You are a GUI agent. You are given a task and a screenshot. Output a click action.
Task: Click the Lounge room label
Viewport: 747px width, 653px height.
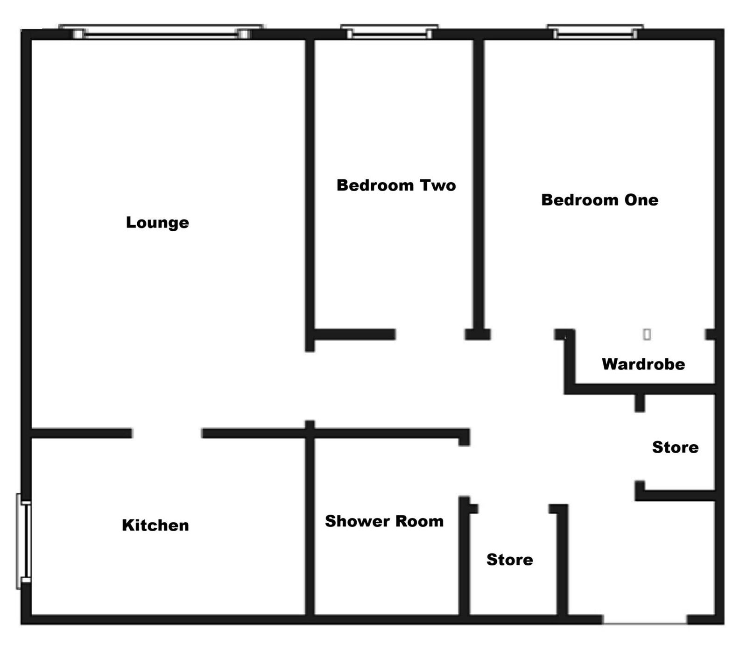click(x=157, y=222)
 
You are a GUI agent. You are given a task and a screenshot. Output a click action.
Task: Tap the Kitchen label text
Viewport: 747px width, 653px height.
click(x=155, y=525)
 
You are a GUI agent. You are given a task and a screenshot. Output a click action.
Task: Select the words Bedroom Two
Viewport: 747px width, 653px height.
click(x=396, y=185)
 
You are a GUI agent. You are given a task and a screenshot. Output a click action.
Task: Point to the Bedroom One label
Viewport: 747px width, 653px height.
click(x=599, y=200)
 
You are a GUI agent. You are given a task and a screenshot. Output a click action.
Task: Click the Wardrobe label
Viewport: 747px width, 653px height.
click(x=643, y=364)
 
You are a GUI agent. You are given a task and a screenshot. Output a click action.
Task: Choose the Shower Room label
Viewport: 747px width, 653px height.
click(x=384, y=521)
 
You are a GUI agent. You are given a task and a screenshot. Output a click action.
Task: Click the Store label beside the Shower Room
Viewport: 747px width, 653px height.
click(x=509, y=560)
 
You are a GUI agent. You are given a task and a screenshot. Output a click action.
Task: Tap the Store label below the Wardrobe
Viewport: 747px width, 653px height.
click(x=675, y=447)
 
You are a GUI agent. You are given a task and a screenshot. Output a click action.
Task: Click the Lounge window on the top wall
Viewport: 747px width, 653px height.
click(x=162, y=32)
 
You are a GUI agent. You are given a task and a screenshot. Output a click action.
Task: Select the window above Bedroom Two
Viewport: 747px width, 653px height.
click(x=389, y=32)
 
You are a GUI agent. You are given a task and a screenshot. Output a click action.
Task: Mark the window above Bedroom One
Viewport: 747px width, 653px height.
click(x=595, y=32)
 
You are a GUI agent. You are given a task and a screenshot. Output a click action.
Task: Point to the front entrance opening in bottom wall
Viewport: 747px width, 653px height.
click(x=645, y=619)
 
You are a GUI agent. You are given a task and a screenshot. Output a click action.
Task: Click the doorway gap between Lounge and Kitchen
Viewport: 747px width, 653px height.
click(x=167, y=433)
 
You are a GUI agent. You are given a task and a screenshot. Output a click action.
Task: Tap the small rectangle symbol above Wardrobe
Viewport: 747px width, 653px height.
click(x=647, y=334)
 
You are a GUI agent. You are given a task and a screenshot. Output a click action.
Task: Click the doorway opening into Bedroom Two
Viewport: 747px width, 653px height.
click(x=430, y=334)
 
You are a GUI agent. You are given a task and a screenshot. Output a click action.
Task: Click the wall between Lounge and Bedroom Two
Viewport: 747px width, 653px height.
click(x=310, y=187)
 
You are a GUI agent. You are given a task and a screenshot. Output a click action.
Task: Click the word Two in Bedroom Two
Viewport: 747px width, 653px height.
click(x=437, y=185)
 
